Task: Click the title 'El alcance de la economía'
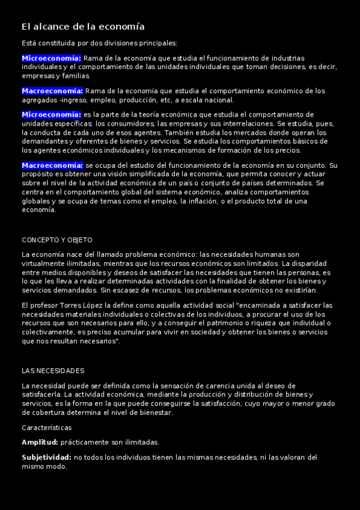83,27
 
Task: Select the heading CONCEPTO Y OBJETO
53,239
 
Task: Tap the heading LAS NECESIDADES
53,370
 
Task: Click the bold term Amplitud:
40,442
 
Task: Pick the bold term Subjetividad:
46,457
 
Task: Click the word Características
46,428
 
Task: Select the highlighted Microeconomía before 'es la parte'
51,114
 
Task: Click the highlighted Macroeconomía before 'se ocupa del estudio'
52,165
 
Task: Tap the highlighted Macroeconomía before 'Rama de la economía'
52,91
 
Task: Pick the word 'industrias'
288,58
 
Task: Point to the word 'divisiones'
121,43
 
